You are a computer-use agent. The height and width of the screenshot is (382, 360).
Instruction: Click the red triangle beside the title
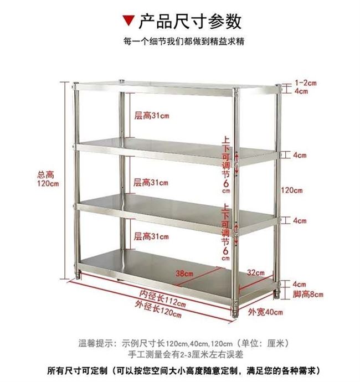pyautogui.click(x=128, y=21)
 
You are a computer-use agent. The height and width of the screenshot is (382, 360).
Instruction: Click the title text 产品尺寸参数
pyautogui.click(x=189, y=21)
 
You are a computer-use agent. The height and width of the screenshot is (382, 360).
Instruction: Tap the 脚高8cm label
pyautogui.click(x=308, y=294)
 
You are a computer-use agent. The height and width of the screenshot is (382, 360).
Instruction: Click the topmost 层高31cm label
pyautogui.click(x=151, y=116)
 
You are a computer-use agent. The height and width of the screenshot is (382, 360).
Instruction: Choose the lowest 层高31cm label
pyautogui.click(x=151, y=237)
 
